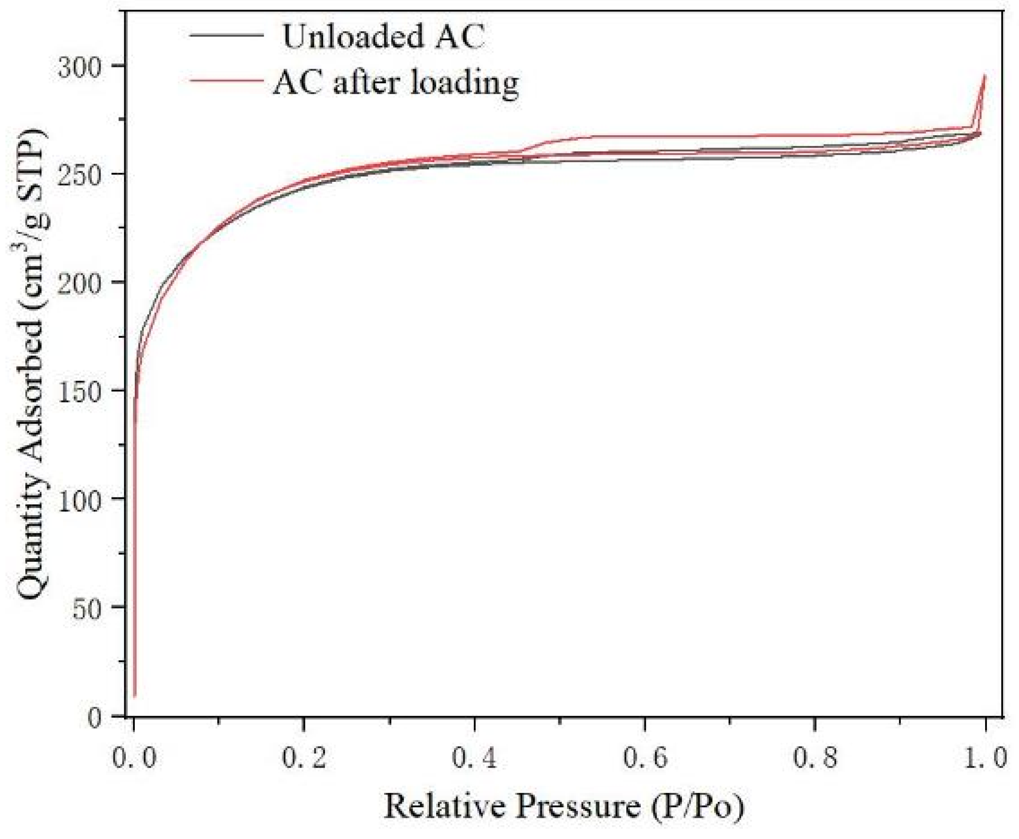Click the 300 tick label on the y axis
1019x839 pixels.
[x=78, y=66]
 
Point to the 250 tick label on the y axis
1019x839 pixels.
[x=78, y=175]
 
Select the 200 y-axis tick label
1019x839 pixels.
[x=78, y=282]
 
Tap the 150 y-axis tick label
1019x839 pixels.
[x=78, y=390]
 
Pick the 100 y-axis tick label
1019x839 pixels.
[x=78, y=499]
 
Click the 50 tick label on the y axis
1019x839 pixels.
[x=87, y=607]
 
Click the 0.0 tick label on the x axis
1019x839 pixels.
[x=134, y=758]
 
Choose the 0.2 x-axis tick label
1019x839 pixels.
[x=304, y=758]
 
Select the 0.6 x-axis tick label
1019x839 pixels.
[x=644, y=758]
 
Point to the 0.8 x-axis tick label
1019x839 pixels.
[x=814, y=758]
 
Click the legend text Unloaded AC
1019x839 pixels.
[x=383, y=37]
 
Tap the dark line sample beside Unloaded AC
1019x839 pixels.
[x=227, y=35]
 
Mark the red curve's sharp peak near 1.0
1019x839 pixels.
[x=984, y=76]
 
